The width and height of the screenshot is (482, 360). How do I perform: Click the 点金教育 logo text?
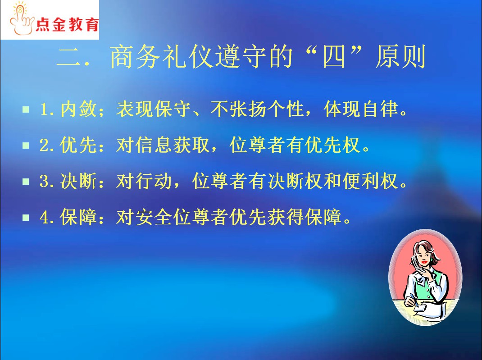click(67, 24)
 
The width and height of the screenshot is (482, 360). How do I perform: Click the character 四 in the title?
click(334, 57)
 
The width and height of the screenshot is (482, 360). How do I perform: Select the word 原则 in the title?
click(400, 57)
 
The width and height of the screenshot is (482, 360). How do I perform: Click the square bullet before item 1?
click(26, 109)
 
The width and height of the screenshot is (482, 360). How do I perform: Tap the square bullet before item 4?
click(26, 218)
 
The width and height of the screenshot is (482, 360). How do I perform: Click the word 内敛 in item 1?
click(79, 109)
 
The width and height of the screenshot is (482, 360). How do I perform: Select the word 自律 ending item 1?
click(381, 109)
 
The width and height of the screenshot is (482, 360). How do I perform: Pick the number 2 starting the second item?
click(44, 145)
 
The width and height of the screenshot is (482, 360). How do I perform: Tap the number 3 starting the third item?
click(44, 182)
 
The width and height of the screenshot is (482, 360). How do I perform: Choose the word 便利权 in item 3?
click(371, 181)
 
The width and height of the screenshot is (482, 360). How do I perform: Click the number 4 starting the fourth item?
click(44, 218)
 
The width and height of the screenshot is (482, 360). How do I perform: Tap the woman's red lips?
click(424, 262)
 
